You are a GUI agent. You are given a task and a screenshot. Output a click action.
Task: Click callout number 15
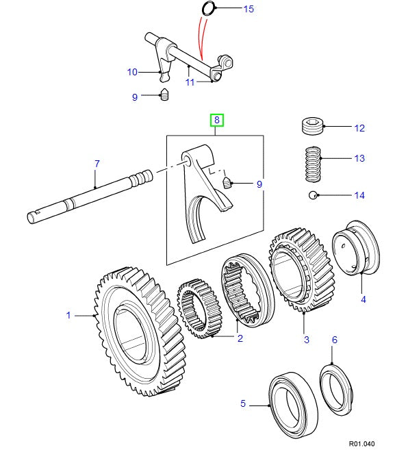click(x=229, y=9)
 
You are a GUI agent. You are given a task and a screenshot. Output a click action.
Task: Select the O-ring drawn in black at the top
click(x=209, y=8)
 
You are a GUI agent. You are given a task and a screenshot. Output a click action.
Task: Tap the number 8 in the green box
click(x=216, y=121)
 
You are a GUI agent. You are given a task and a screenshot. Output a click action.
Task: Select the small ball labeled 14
click(x=312, y=196)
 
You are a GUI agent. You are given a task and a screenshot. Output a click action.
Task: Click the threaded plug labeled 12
click(x=312, y=127)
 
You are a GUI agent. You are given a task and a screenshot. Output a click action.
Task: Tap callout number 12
click(x=359, y=128)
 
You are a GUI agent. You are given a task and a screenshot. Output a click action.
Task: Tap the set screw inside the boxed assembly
click(x=229, y=182)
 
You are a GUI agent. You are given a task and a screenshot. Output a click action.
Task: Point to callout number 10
click(x=132, y=72)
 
